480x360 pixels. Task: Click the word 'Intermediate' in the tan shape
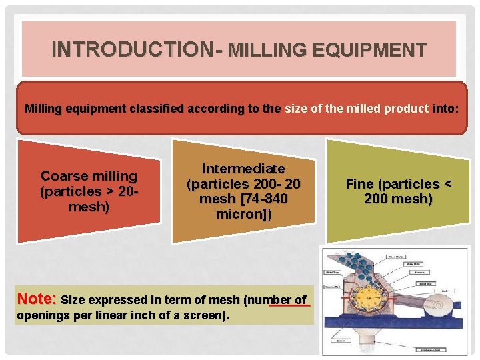(243, 169)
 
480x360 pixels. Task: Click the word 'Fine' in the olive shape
(359, 185)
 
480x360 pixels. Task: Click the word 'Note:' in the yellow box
(37, 299)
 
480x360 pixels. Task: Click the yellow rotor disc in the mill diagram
(371, 296)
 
